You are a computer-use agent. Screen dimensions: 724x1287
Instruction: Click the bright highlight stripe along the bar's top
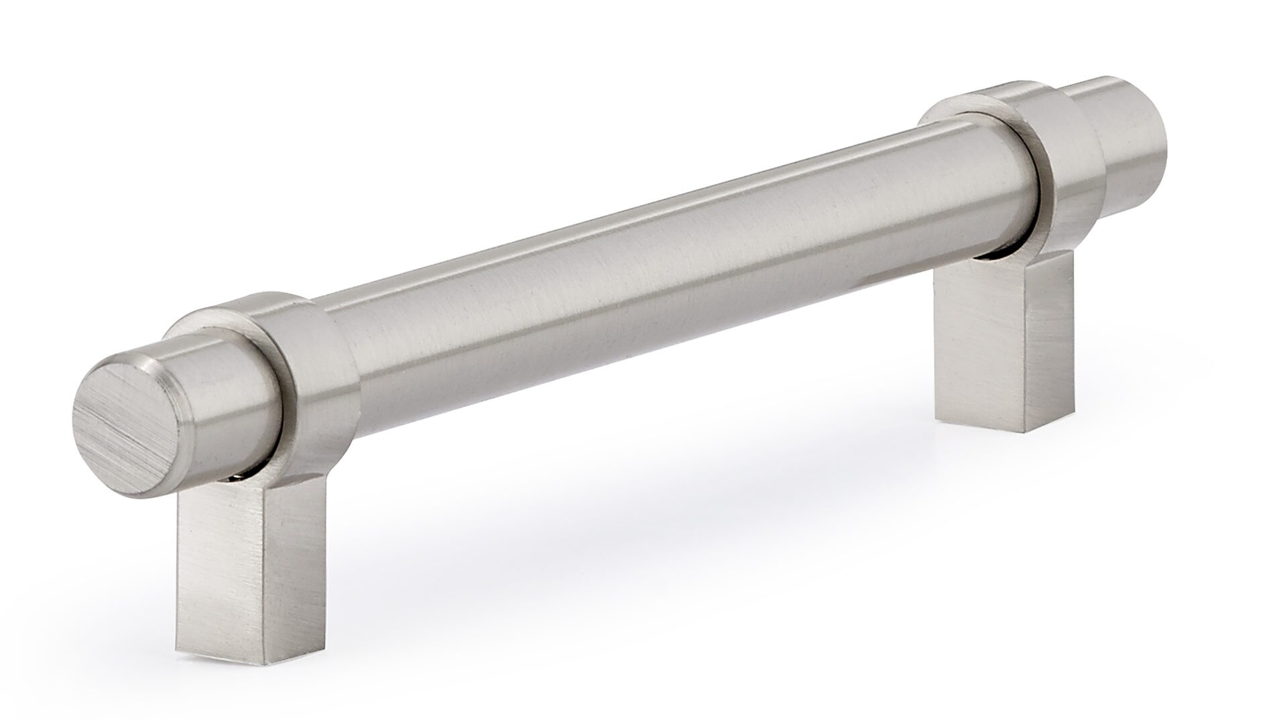603,221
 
